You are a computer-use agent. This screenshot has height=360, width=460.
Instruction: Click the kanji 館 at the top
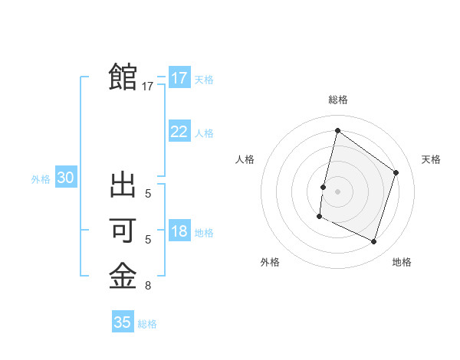pyautogui.click(x=123, y=77)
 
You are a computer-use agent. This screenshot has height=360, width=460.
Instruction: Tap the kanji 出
pyautogui.click(x=123, y=186)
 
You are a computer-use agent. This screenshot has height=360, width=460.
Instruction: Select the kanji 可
pyautogui.click(x=123, y=231)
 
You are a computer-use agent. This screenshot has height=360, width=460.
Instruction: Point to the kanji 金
pyautogui.click(x=123, y=276)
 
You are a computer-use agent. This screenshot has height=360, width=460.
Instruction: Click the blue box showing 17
pyautogui.click(x=179, y=78)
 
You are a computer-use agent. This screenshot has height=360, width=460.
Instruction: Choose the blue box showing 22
pyautogui.click(x=179, y=132)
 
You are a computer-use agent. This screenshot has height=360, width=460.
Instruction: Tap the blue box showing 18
pyautogui.click(x=179, y=231)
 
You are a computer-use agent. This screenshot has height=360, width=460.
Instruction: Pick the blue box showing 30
pyautogui.click(x=66, y=178)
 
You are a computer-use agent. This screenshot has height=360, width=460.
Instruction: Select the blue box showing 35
pyautogui.click(x=123, y=322)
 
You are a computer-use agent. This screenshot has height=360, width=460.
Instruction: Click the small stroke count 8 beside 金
pyautogui.click(x=148, y=286)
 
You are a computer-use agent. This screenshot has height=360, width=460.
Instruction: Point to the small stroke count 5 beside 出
pyautogui.click(x=148, y=195)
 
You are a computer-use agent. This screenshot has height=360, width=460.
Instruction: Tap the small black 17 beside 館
pyautogui.click(x=148, y=87)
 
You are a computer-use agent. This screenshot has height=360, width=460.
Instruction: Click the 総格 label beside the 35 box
pyautogui.click(x=147, y=324)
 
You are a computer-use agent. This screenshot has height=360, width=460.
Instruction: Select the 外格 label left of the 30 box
pyautogui.click(x=41, y=179)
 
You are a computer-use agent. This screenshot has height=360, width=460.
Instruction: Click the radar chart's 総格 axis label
pyautogui.click(x=337, y=100)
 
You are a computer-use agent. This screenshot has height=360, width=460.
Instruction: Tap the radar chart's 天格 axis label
pyautogui.click(x=431, y=159)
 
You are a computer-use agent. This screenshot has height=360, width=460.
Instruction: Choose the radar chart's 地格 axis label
pyautogui.click(x=402, y=262)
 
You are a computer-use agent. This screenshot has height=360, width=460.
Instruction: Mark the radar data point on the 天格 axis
pyautogui.click(x=396, y=172)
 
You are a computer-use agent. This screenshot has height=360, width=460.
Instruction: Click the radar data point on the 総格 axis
pyautogui.click(x=337, y=131)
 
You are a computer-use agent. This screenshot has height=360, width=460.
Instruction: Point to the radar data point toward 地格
pyautogui.click(x=373, y=241)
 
